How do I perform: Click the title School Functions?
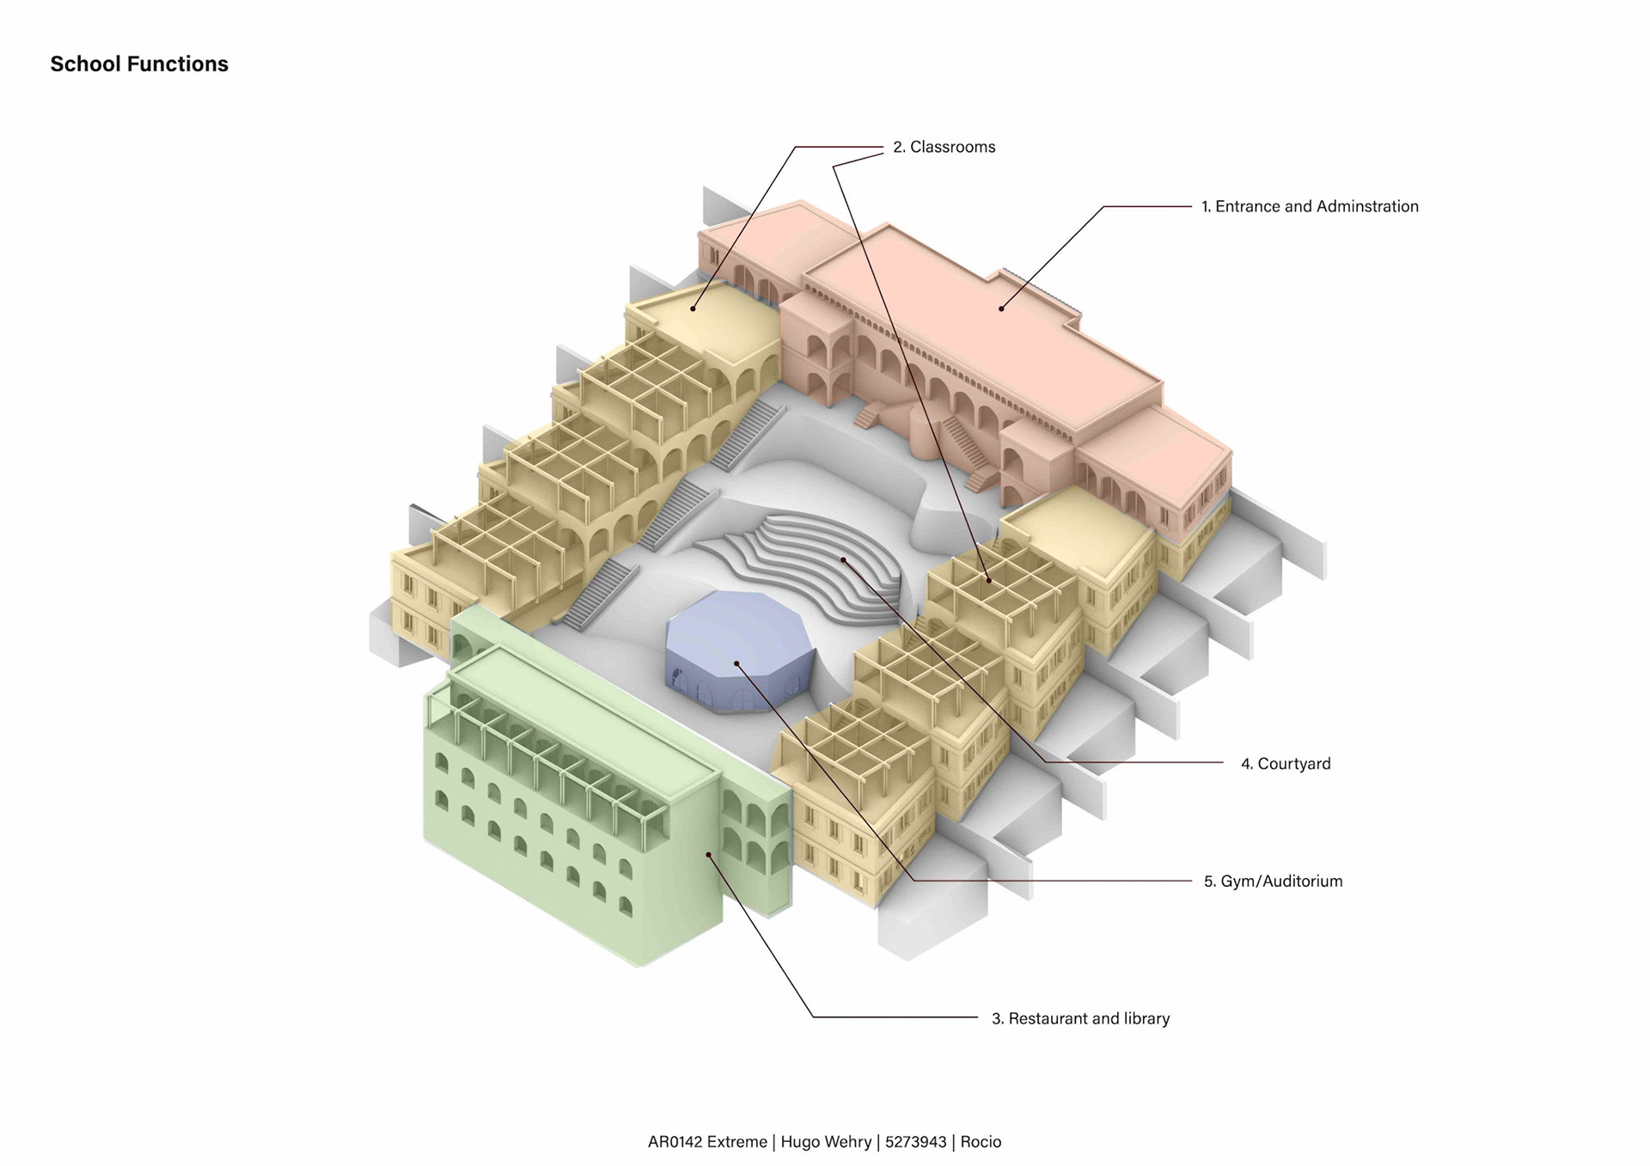[139, 64]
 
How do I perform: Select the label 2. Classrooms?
[944, 147]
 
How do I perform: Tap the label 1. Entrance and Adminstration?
[1310, 206]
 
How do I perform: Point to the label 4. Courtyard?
[1286, 764]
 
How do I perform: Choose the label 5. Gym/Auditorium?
[1273, 882]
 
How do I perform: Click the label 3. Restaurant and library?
[1080, 1019]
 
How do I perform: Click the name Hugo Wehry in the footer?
[826, 1142]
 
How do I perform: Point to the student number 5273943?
[915, 1142]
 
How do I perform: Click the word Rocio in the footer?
[981, 1142]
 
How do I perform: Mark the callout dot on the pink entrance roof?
[1001, 308]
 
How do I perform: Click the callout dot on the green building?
[708, 854]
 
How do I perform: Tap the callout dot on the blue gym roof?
[736, 663]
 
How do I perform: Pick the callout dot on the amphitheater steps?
[844, 559]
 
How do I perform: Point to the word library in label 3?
[1144, 1019]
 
